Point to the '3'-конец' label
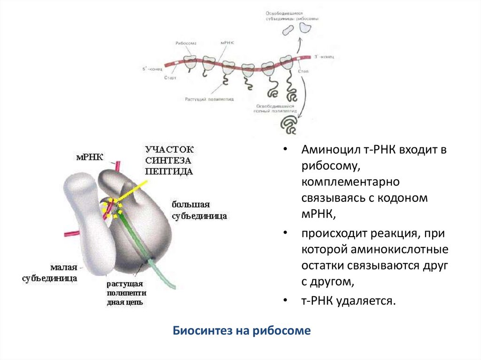324,56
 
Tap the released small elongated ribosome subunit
287,31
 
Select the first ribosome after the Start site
190,63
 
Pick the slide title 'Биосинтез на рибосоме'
242,330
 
